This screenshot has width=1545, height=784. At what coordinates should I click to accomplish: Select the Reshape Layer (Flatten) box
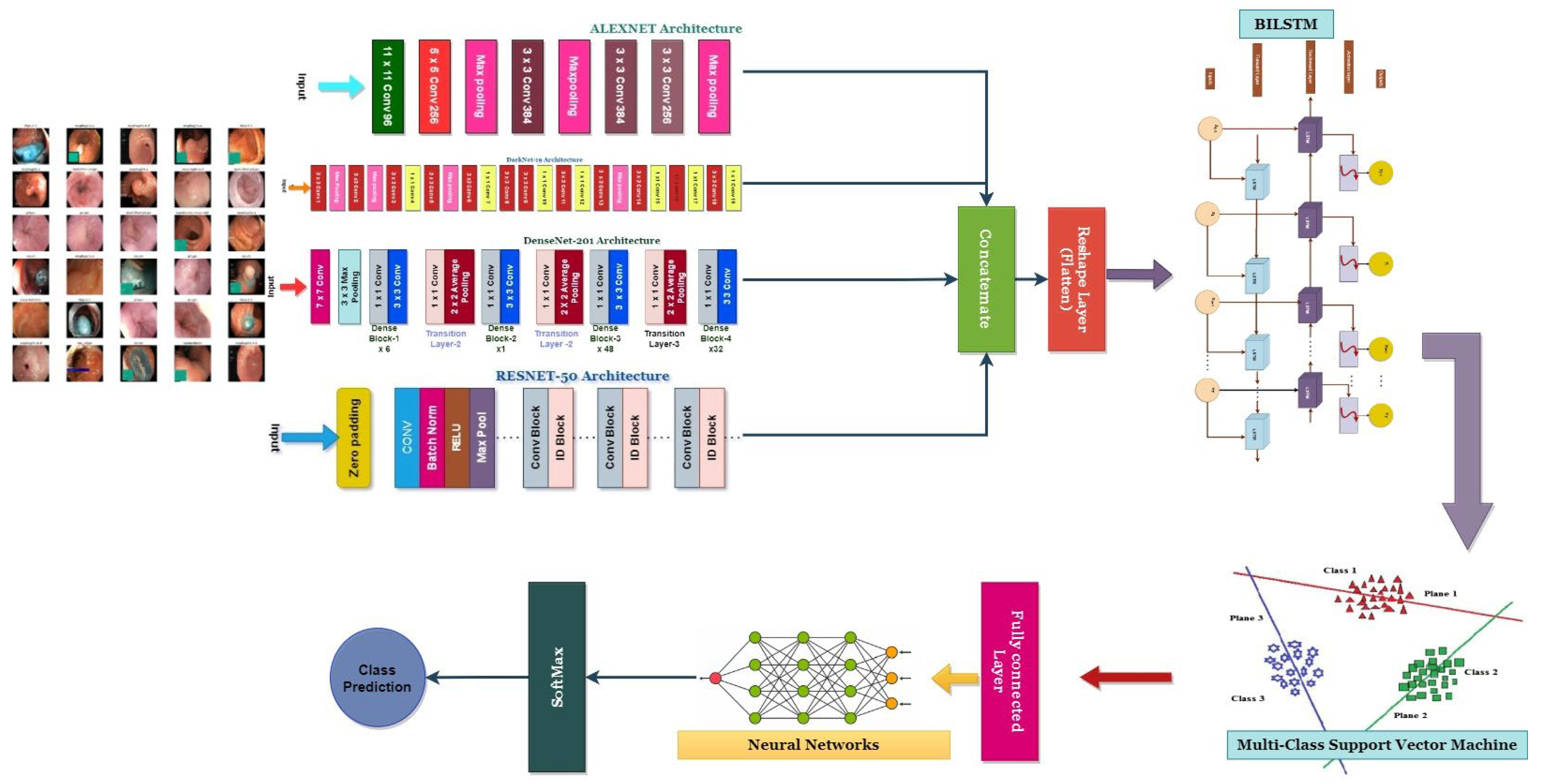pos(1076,279)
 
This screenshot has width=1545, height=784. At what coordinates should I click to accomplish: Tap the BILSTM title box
pos(1286,24)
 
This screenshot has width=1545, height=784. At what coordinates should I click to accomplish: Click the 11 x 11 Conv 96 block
pos(387,86)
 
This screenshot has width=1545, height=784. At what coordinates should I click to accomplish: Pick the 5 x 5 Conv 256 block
pos(434,86)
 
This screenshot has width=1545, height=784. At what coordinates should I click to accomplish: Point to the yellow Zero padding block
pos(353,438)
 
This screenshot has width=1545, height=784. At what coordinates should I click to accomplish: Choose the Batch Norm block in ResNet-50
pos(432,438)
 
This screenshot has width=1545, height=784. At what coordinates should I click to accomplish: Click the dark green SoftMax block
pos(557,677)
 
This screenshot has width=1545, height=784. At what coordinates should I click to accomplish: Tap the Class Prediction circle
pos(377,678)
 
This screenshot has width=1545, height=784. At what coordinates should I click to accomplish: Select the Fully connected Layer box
pos(1009,671)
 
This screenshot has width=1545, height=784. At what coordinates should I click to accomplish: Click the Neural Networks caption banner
pos(813,744)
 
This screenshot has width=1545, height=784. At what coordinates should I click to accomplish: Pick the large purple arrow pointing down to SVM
pos(1464,444)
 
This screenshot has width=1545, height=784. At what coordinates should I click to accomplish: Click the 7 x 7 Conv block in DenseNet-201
pos(320,286)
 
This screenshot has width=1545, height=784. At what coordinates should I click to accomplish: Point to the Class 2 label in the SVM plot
pos(1480,672)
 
